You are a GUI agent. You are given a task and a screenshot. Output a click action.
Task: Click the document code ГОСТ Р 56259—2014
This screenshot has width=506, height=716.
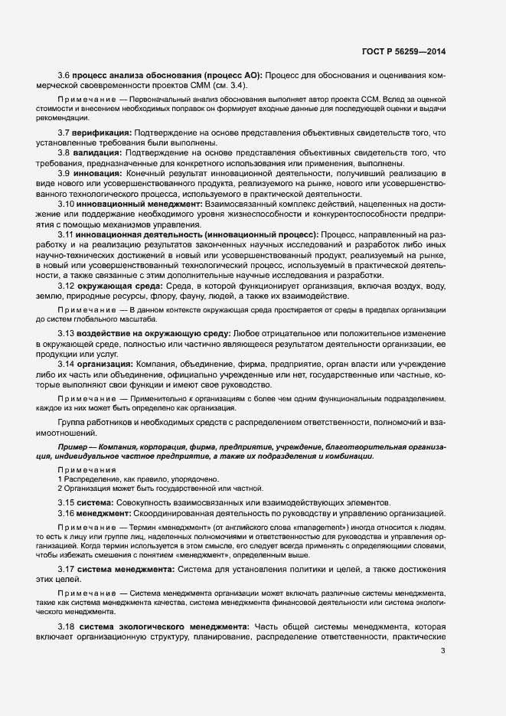point(403,51)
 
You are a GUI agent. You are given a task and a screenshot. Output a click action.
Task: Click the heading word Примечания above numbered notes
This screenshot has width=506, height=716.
point(87,469)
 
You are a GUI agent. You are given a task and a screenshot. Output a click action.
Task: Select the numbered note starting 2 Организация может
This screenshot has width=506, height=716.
point(161,489)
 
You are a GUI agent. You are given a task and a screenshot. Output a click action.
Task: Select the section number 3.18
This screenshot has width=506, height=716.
point(67,627)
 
